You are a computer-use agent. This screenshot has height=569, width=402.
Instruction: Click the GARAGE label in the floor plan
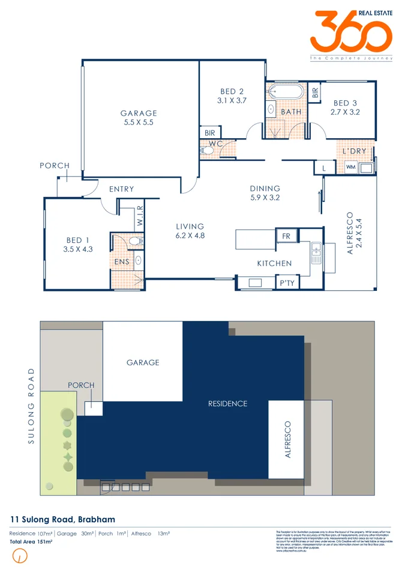[139, 113]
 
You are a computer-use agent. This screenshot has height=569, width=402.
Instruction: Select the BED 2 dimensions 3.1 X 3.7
[232, 101]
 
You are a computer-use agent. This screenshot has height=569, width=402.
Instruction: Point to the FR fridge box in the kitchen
[286, 236]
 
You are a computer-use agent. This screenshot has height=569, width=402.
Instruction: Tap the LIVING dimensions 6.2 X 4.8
[190, 236]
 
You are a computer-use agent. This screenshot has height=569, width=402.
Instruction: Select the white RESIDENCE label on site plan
[227, 404]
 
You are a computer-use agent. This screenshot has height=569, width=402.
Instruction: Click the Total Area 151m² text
[31, 542]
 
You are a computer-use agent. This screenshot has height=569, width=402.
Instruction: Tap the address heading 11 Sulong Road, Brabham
[63, 519]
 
